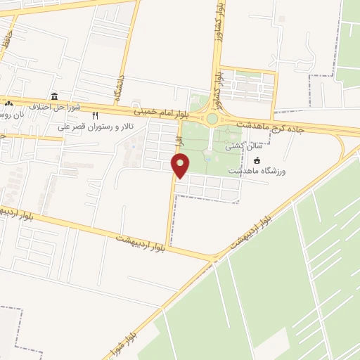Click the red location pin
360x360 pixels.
(181, 165)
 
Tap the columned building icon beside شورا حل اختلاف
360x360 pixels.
(54, 96)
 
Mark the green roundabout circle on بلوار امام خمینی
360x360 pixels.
(212, 119)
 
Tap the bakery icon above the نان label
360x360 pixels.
(8, 105)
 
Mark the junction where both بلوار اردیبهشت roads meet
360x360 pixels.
(212, 259)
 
